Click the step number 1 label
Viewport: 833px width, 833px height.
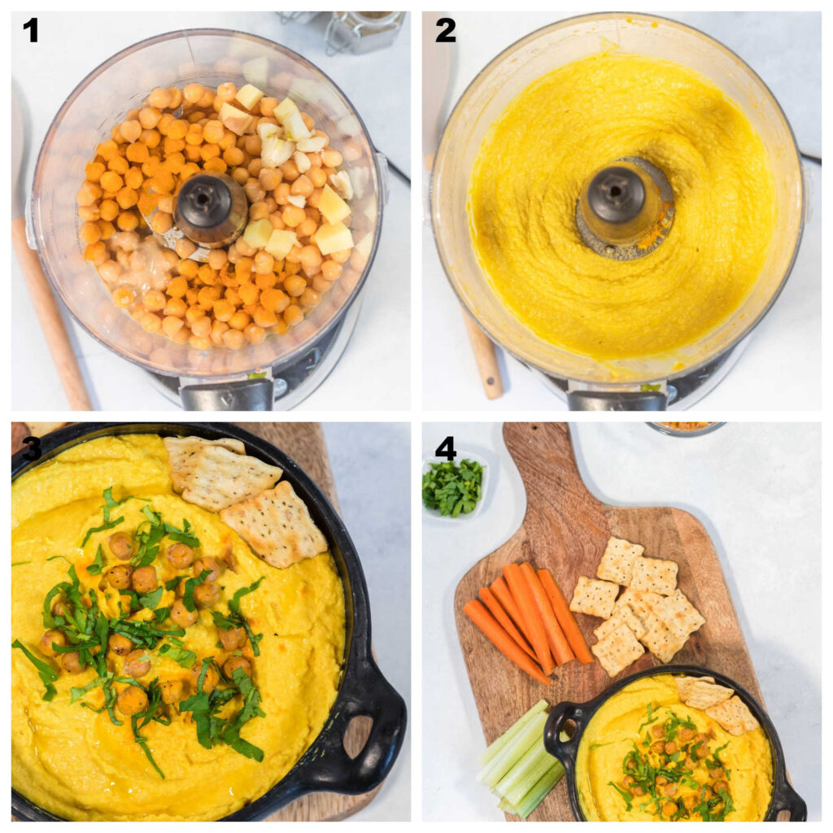31,31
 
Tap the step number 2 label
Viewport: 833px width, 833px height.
445,31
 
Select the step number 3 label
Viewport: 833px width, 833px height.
31,448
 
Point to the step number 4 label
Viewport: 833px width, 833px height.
445,448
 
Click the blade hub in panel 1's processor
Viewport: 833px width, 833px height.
211,207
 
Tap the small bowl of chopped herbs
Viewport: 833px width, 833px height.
453,487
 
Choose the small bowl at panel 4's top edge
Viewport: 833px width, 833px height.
685,427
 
